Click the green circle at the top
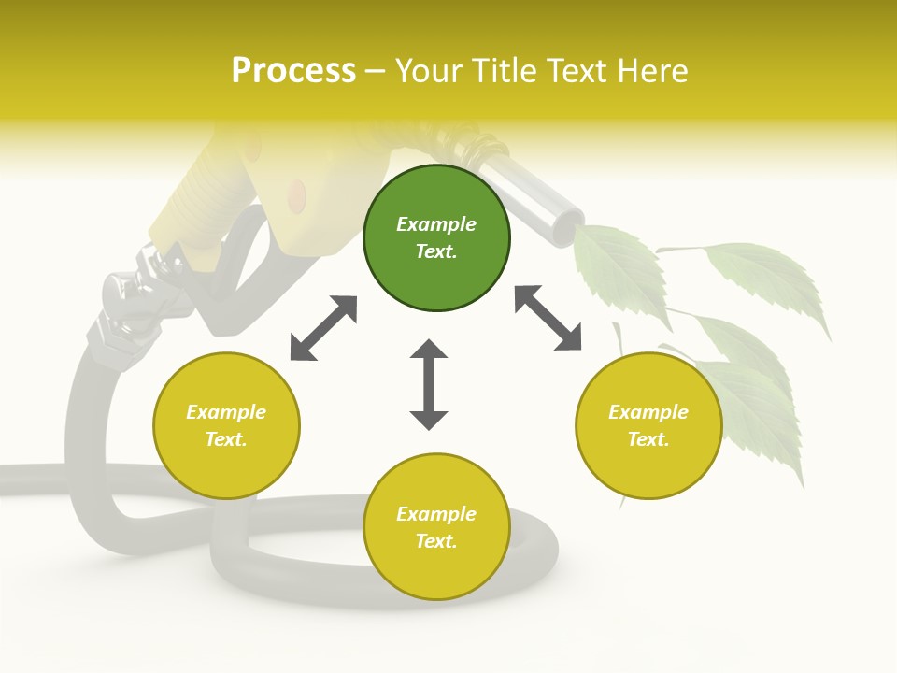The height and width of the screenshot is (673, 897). click(x=436, y=238)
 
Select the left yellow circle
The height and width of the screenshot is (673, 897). click(x=226, y=425)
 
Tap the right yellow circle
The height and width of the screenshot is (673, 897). click(x=648, y=425)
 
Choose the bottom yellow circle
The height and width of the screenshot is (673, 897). click(x=436, y=527)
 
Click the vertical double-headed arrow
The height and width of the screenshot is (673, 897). click(x=429, y=384)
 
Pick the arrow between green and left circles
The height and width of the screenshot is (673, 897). click(x=323, y=328)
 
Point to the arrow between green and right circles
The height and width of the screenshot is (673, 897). click(x=548, y=318)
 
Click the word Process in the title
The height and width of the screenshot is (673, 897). click(x=293, y=70)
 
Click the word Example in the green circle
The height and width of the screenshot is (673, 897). click(x=436, y=224)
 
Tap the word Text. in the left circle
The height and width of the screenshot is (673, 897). click(x=226, y=439)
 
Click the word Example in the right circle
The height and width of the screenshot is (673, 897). click(x=648, y=412)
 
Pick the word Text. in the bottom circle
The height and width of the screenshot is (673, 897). click(x=436, y=541)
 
